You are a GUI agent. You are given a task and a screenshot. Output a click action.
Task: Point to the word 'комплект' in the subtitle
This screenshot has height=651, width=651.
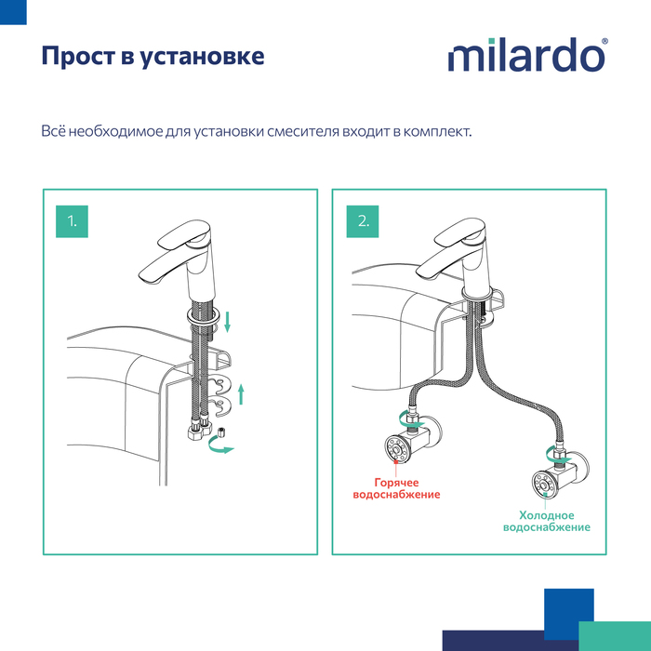point(435,131)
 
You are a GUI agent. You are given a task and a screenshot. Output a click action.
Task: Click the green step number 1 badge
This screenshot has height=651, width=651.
point(72,220)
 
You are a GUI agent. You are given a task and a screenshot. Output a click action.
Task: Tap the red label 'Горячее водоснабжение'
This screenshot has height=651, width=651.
point(396,489)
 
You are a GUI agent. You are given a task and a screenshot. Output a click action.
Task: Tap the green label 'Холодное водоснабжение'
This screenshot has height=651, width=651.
point(546,521)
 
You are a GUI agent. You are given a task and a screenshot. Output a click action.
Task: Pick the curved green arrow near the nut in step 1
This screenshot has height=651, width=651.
point(221,449)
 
